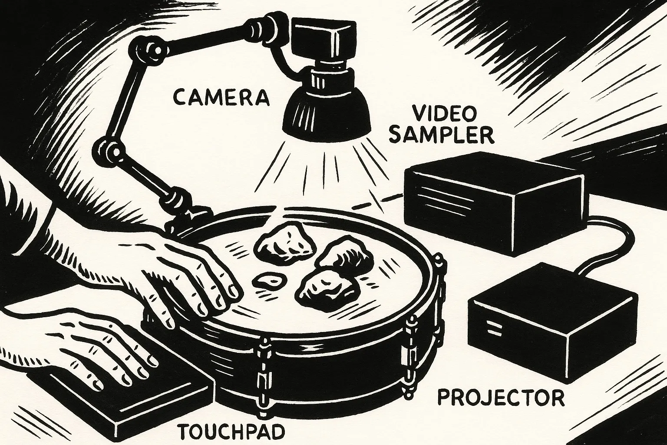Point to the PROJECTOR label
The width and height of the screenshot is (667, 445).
(x=501, y=397)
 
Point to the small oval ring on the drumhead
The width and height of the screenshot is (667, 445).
(x=270, y=281)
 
